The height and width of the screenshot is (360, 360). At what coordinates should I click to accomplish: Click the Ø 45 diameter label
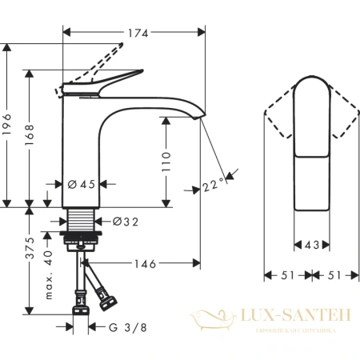82,185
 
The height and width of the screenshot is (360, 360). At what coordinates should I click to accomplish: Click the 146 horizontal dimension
146,262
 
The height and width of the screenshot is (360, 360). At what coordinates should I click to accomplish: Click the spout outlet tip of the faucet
201,119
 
